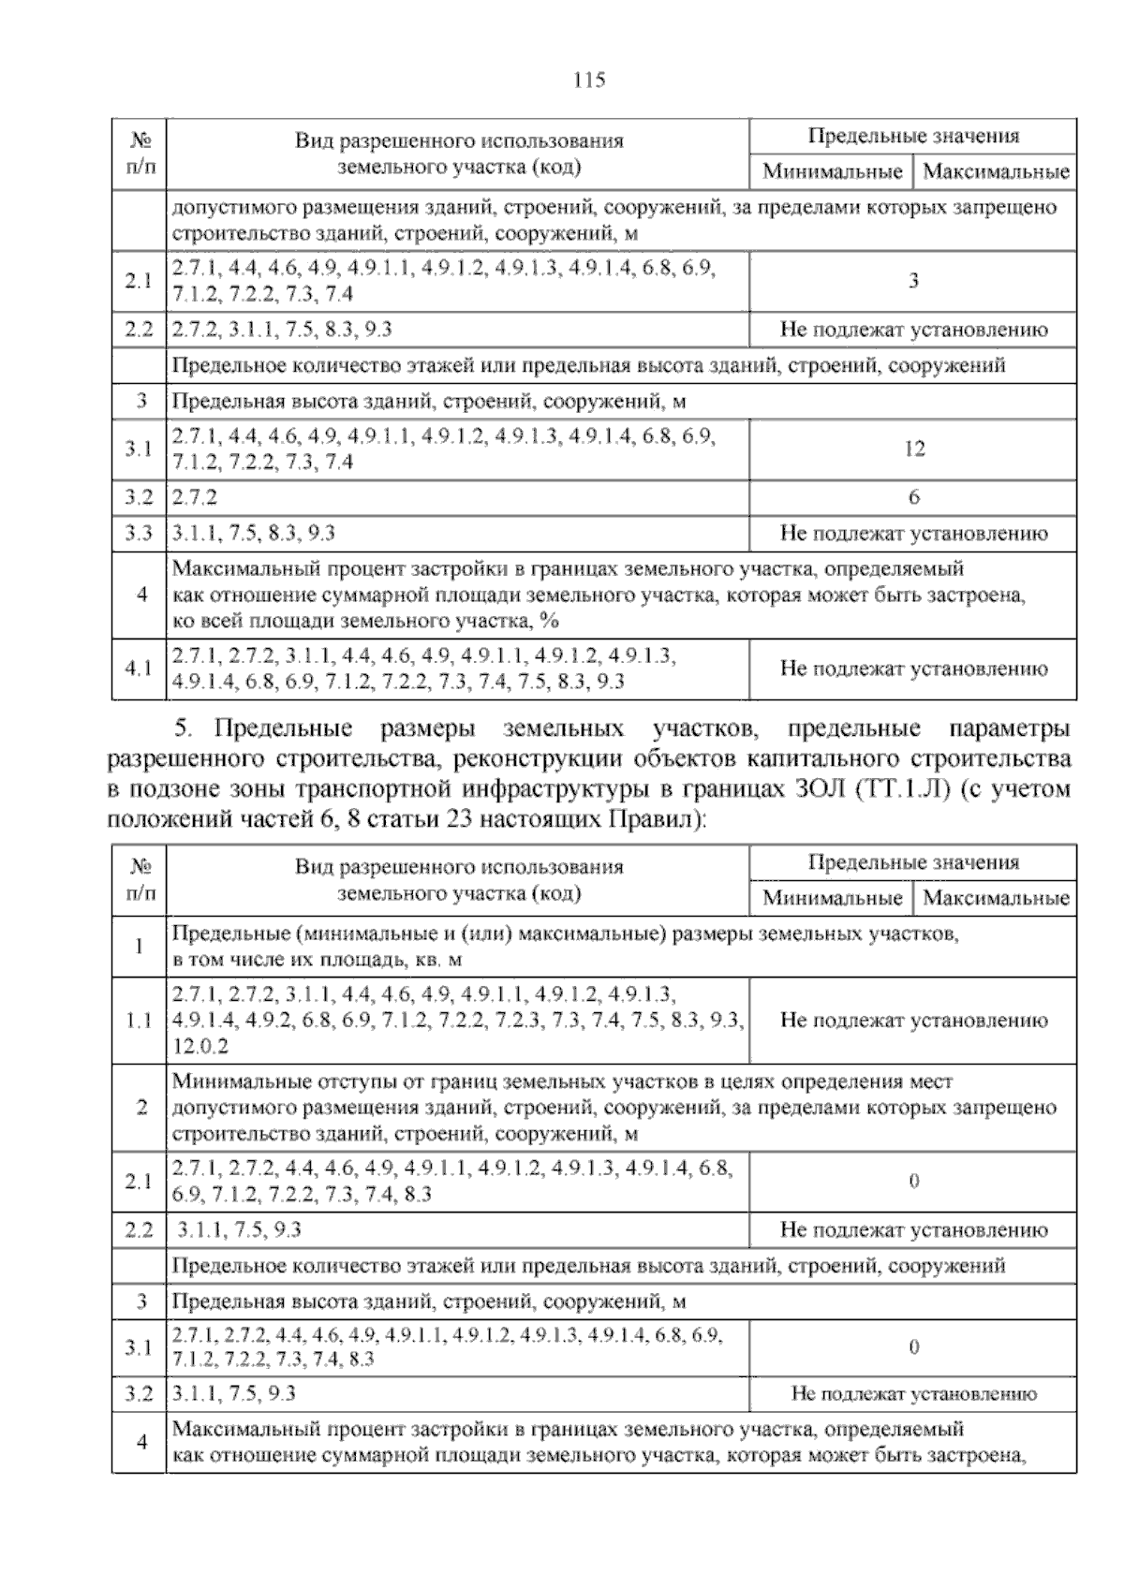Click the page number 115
point(589,81)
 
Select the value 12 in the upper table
point(914,448)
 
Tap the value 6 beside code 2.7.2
point(914,497)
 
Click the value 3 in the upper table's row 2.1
point(914,281)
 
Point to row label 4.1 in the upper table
point(139,669)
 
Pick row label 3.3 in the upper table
point(139,534)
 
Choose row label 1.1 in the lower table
point(139,1021)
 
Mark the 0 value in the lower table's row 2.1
point(914,1182)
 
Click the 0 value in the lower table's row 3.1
point(914,1347)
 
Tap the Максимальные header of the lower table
point(996,899)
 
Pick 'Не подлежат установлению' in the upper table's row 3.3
point(913,534)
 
